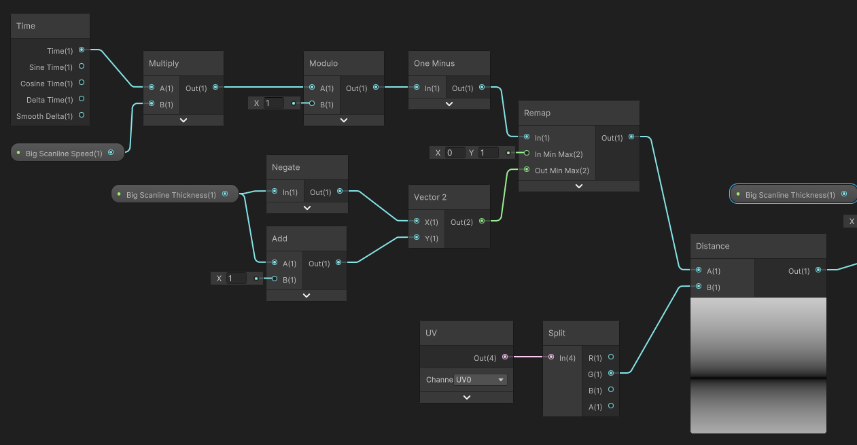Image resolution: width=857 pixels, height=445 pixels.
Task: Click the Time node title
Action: (26, 26)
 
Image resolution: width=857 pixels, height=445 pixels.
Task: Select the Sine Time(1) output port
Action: (82, 67)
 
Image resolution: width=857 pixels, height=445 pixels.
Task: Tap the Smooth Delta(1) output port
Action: (82, 115)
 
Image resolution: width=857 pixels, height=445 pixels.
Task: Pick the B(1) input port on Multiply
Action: (152, 104)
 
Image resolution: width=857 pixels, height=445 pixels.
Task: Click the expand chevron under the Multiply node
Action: (183, 120)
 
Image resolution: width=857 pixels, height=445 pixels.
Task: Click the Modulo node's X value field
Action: (274, 103)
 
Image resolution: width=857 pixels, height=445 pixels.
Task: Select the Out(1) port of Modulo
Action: (376, 88)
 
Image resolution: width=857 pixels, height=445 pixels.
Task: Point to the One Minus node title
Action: (434, 63)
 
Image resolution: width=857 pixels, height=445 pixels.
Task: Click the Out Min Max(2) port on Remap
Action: (527, 170)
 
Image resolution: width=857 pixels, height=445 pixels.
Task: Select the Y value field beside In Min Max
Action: (489, 153)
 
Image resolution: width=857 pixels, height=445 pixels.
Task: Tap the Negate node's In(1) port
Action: (274, 192)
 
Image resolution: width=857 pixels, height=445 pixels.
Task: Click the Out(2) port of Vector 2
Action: (482, 221)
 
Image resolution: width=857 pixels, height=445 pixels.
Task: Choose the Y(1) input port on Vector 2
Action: (417, 238)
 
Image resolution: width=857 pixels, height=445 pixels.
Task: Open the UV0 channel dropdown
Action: (480, 380)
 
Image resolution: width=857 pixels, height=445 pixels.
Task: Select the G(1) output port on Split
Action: (611, 373)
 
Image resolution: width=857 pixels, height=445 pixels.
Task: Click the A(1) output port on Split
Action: (611, 406)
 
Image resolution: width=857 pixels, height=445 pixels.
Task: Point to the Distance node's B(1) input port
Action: (698, 287)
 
